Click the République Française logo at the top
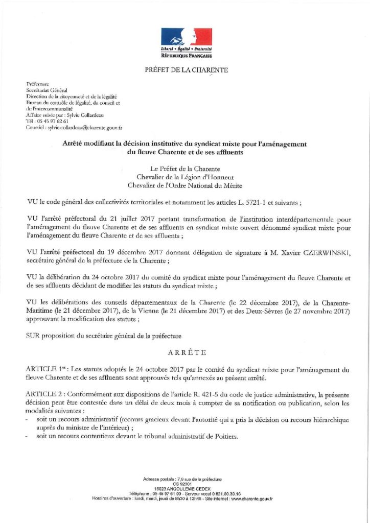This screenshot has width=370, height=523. [x=186, y=42]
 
